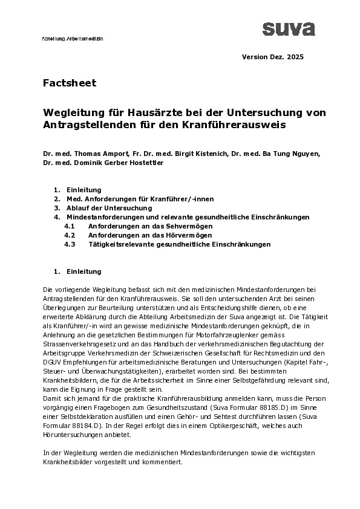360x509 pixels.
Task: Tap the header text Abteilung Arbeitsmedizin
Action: point(73,38)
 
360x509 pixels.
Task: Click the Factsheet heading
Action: point(70,83)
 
